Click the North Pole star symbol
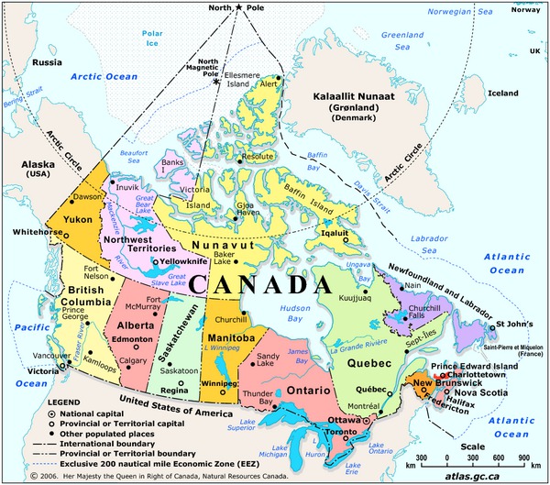click(240, 8)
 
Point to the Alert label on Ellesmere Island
click(269, 83)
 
